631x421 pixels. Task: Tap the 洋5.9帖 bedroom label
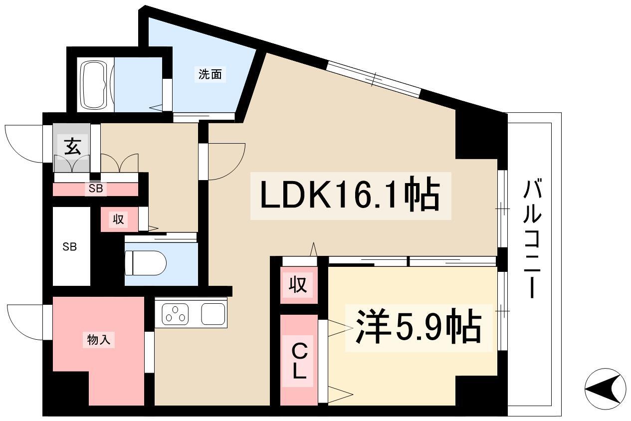pyautogui.click(x=418, y=327)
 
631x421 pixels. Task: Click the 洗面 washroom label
pyautogui.click(x=210, y=75)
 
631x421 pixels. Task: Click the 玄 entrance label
pyautogui.click(x=72, y=147)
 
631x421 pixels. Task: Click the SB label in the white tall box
pyautogui.click(x=69, y=246)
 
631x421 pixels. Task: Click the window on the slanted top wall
pyautogui.click(x=374, y=77)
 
